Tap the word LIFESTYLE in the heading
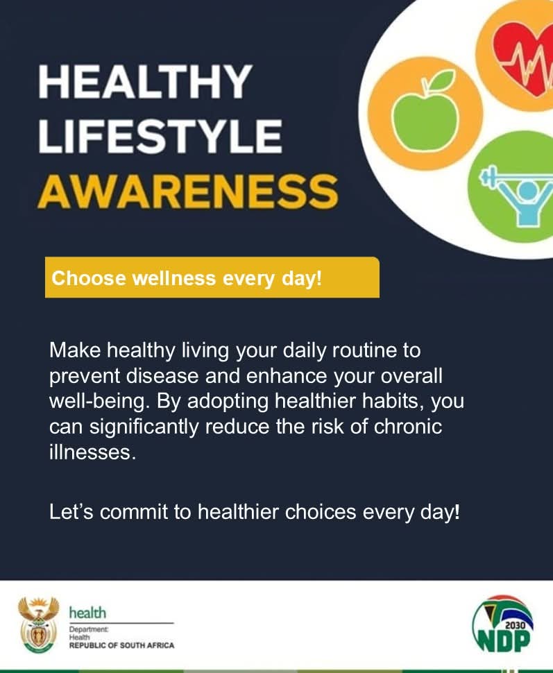pyautogui.click(x=160, y=136)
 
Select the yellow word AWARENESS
pyautogui.click(x=187, y=189)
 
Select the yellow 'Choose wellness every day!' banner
pyautogui.click(x=212, y=278)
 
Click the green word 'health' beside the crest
pyautogui.click(x=87, y=613)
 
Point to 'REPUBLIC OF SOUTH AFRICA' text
pyautogui.click(x=121, y=645)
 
